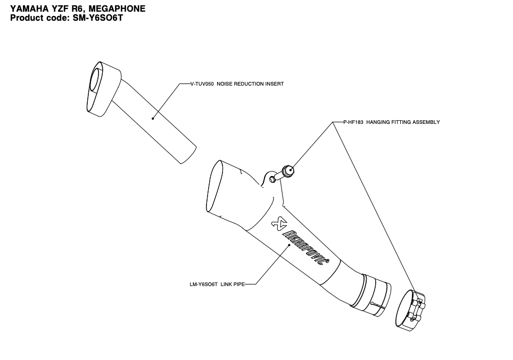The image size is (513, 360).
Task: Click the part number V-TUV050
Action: coord(202,84)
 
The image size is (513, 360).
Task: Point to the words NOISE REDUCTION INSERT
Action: coord(250,84)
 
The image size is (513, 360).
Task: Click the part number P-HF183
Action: coord(353,122)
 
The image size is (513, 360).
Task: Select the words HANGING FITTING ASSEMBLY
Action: coord(403,122)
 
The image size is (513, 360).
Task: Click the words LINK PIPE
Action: coord(233,284)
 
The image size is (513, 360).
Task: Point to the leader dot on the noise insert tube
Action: coord(153,118)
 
